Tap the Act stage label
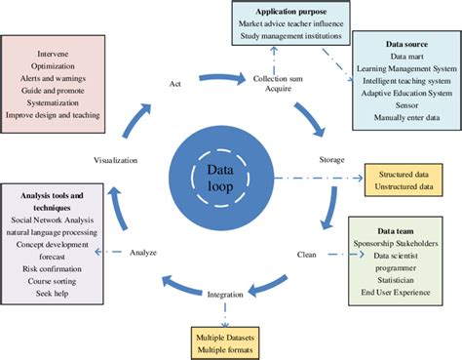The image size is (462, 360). coord(175,83)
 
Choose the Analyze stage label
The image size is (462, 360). coord(143,253)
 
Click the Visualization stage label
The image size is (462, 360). coord(116,159)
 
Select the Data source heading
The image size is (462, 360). coord(406,46)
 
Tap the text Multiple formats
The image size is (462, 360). coord(224,347)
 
